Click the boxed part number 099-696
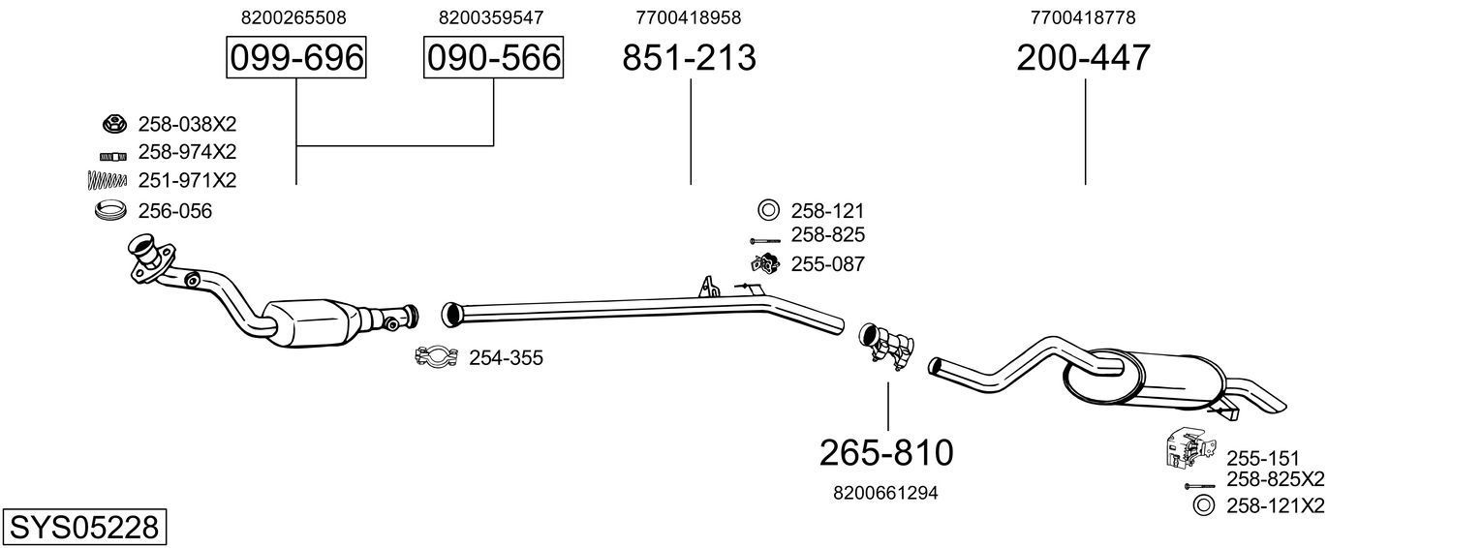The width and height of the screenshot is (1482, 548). pyautogui.click(x=295, y=58)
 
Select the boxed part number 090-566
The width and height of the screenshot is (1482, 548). pyautogui.click(x=494, y=58)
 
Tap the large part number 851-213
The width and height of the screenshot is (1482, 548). pyautogui.click(x=689, y=58)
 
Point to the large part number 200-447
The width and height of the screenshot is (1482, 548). pyautogui.click(x=1083, y=58)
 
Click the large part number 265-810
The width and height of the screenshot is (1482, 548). pyautogui.click(x=886, y=452)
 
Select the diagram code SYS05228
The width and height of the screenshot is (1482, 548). pyautogui.click(x=84, y=528)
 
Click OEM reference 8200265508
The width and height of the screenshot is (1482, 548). pyautogui.click(x=293, y=17)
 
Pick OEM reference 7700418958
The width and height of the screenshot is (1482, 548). pyautogui.click(x=689, y=17)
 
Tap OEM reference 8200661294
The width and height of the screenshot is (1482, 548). pyautogui.click(x=885, y=493)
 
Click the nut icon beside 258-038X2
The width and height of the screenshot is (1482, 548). pyautogui.click(x=113, y=124)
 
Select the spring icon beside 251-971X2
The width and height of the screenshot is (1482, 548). pyautogui.click(x=108, y=180)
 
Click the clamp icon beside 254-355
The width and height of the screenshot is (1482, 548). pyautogui.click(x=436, y=357)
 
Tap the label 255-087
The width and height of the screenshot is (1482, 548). pyautogui.click(x=828, y=263)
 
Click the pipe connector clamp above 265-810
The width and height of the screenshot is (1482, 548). pyautogui.click(x=885, y=344)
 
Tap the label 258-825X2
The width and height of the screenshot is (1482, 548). pyautogui.click(x=1276, y=479)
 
